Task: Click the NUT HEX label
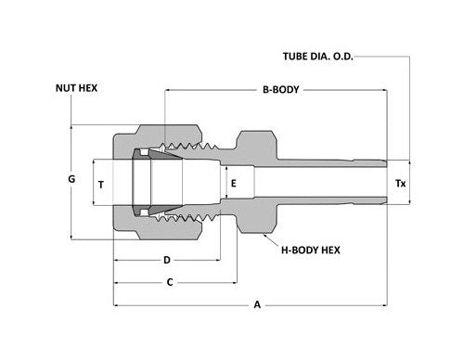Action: click(x=77, y=88)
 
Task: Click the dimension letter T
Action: click(x=100, y=185)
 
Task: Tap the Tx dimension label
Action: click(x=401, y=185)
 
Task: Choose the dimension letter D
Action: click(x=166, y=260)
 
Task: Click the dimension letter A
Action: click(x=256, y=304)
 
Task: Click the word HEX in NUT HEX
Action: click(x=91, y=88)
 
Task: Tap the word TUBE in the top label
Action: click(x=295, y=56)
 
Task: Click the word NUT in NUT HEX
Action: click(x=64, y=88)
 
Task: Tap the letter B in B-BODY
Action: click(x=264, y=90)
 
